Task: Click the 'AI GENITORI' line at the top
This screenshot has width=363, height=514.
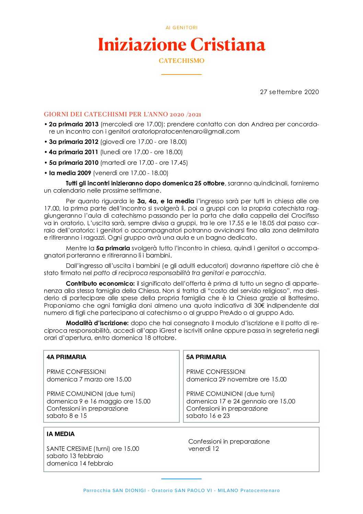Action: point(181,27)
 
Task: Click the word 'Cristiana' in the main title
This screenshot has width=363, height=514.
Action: point(227,45)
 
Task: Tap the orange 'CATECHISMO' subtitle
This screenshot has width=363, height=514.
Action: point(181,61)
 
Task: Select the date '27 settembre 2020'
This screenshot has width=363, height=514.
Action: point(289,92)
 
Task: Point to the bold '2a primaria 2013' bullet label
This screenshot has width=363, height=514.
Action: point(73,124)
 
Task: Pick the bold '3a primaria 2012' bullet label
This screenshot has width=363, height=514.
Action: point(73,142)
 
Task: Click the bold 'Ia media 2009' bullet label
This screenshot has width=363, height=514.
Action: point(70,173)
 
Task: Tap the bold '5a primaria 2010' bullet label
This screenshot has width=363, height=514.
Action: point(73,163)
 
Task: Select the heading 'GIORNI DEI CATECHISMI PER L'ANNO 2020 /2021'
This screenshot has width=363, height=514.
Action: point(122,114)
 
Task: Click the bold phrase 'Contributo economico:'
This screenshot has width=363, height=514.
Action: point(100,284)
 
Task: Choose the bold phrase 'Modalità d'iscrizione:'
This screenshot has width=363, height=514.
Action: point(97,323)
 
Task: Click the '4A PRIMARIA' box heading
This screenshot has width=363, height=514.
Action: point(66,357)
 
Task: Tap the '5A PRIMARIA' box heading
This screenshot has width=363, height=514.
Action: point(206,357)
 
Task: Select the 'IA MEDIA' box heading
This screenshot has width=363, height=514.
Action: point(60,434)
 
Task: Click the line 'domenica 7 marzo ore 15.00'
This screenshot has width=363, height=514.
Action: point(89,379)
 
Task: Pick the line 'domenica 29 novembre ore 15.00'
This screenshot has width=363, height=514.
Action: point(236,379)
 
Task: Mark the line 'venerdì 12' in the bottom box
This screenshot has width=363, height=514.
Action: point(203,449)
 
